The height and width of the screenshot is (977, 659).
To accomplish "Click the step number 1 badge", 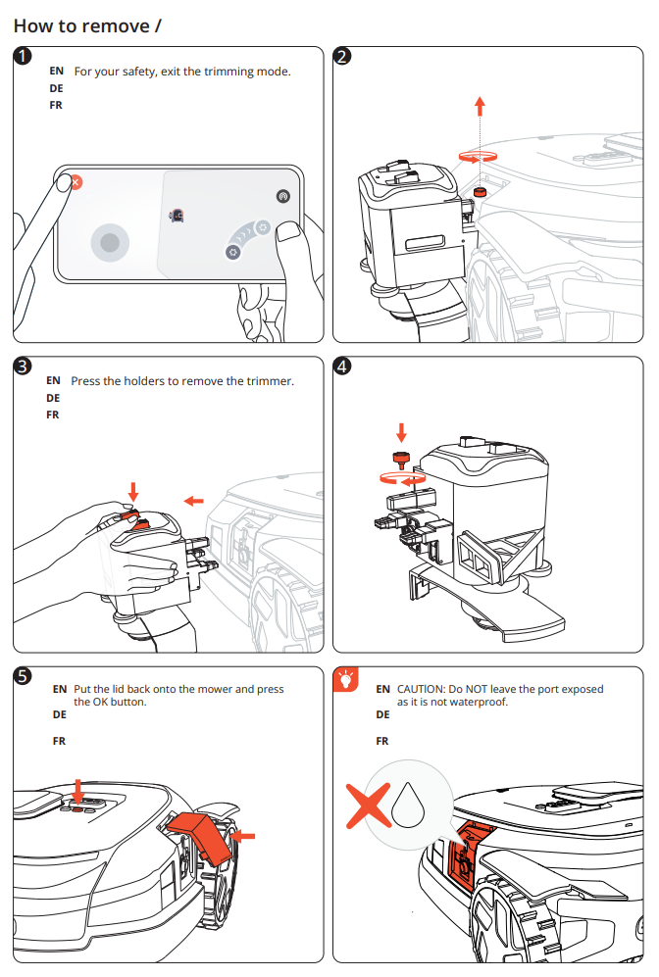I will (x=23, y=57).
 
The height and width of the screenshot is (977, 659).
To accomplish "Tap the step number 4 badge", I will (x=342, y=366).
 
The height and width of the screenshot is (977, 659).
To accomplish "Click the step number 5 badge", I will (x=23, y=677).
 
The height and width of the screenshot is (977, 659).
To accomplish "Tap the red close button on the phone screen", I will (x=76, y=182).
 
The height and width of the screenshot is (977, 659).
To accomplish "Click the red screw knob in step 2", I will (x=480, y=191).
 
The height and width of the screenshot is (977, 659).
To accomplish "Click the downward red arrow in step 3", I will (x=134, y=489).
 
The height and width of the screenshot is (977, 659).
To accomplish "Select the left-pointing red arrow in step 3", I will (x=194, y=501).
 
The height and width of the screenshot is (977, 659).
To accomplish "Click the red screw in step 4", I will (x=400, y=459).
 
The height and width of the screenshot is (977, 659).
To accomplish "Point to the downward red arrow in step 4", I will (x=400, y=431).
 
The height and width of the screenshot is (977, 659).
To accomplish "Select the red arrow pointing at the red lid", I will (x=244, y=836).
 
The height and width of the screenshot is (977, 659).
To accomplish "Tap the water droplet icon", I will (x=406, y=805).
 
